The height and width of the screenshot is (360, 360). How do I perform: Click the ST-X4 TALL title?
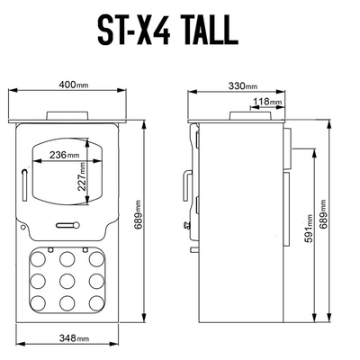168,30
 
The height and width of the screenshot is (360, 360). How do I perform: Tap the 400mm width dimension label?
74,85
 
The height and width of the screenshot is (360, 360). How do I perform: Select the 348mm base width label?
74,338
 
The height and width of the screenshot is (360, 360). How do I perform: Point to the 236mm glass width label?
65,155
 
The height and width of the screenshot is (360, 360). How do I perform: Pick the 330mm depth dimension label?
243,85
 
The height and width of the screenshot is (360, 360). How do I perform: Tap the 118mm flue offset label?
267,102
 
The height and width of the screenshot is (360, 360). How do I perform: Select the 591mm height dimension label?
309,228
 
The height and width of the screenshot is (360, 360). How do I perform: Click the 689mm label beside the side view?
323,214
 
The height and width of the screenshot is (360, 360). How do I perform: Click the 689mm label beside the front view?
139,215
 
